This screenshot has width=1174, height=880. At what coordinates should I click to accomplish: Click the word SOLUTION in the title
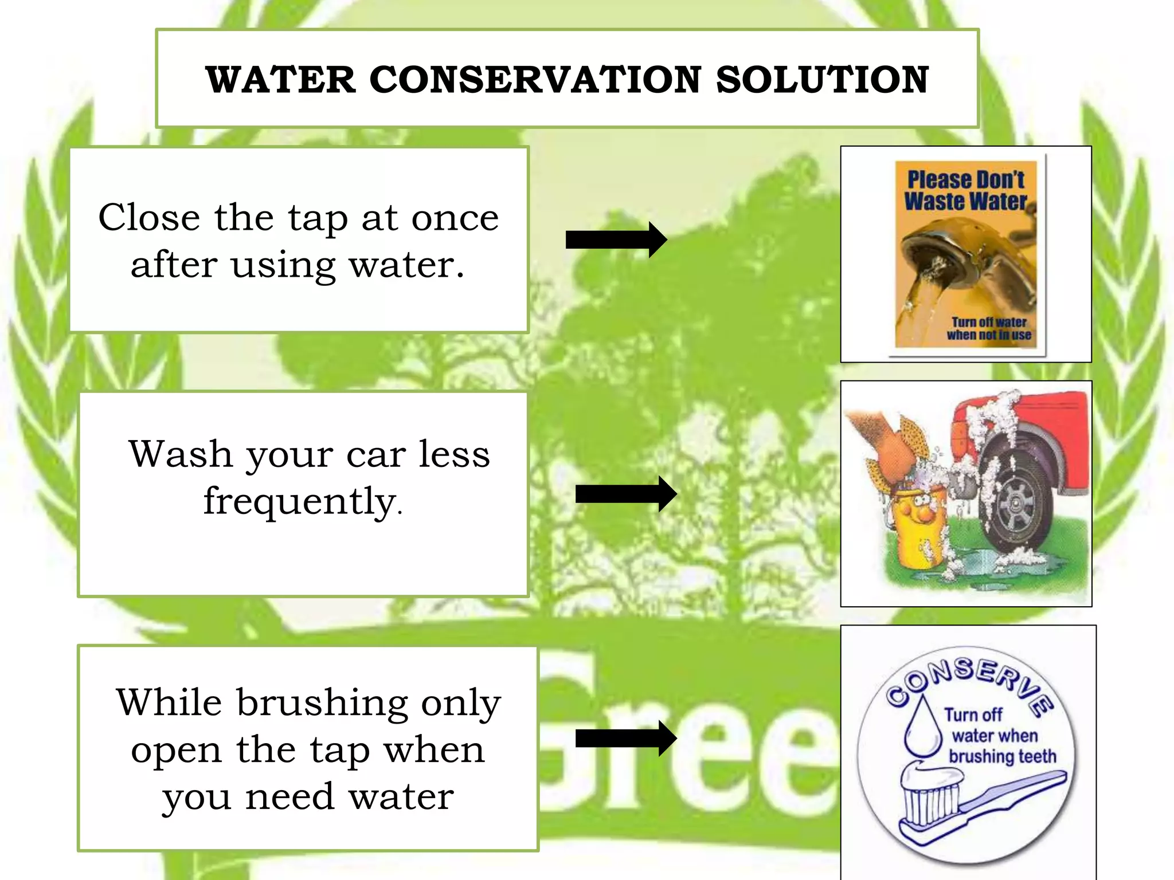tap(822, 80)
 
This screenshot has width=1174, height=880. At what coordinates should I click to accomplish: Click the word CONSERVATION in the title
tap(535, 80)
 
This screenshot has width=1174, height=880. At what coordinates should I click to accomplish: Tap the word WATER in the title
tap(281, 80)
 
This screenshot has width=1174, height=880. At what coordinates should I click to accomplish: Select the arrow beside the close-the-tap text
tap(616, 239)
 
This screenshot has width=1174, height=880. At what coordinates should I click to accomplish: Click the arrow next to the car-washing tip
tap(625, 494)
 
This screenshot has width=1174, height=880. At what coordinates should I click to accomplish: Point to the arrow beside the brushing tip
tap(625, 738)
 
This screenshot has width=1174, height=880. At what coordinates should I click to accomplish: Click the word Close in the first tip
tap(150, 218)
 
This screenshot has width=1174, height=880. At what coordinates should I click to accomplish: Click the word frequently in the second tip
tap(300, 502)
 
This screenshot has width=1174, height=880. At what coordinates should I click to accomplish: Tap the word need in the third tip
tap(289, 797)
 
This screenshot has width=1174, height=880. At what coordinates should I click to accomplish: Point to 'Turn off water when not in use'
tap(989, 329)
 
